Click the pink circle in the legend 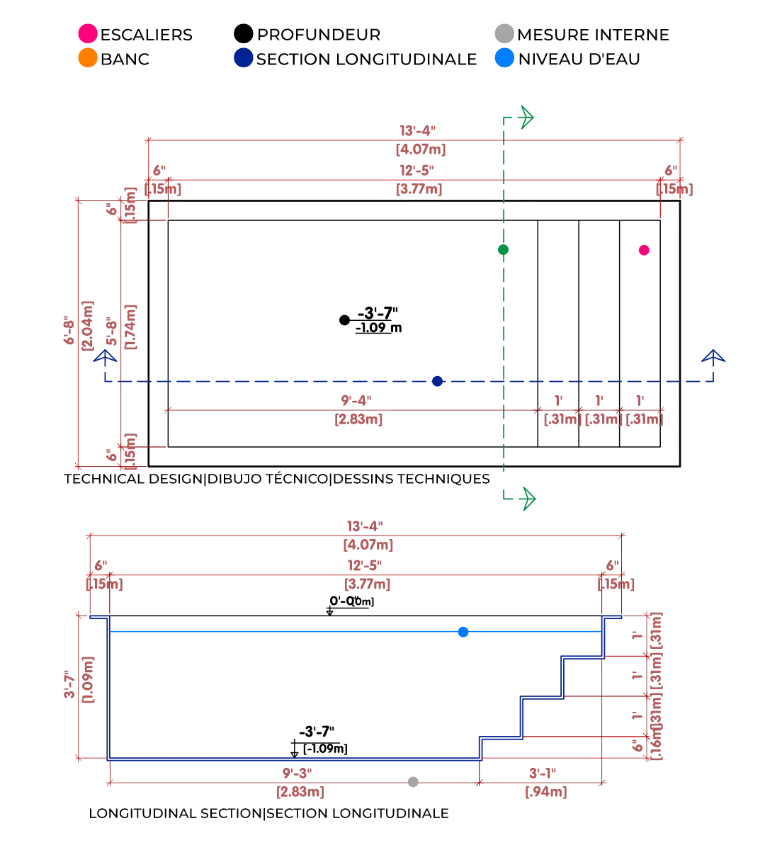tap(88, 34)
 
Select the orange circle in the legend tap(88, 57)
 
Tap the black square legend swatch tap(244, 33)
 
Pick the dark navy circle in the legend tap(244, 57)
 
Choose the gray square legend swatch tap(504, 34)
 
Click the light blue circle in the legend tap(504, 57)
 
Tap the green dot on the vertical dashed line tap(503, 249)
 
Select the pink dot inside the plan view tap(644, 250)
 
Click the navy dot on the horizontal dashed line tap(437, 382)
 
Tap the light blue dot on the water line tap(463, 631)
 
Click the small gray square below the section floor tap(411, 782)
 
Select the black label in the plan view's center tap(368, 320)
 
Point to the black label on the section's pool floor tap(319, 742)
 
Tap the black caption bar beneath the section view tap(269, 813)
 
